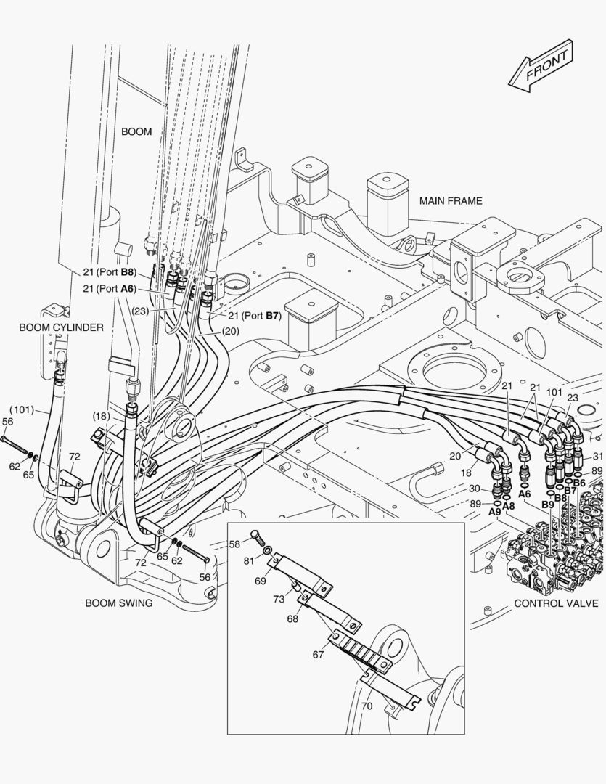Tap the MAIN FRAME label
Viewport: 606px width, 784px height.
point(451,201)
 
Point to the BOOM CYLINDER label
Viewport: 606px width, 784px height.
point(61,327)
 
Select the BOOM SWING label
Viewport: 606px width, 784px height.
point(119,603)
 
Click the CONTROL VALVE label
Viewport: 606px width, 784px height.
point(556,603)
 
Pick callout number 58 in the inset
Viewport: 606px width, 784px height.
point(235,544)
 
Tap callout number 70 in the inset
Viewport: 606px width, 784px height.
point(367,706)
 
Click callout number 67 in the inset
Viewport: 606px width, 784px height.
point(319,655)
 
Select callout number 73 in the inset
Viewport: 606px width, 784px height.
point(279,599)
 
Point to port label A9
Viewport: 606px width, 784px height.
point(494,512)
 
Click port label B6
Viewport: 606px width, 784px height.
point(579,483)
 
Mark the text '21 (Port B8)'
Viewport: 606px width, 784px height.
point(110,272)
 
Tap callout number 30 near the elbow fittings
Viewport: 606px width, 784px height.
point(475,489)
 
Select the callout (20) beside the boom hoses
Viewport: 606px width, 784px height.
point(231,331)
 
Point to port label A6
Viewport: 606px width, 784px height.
point(524,494)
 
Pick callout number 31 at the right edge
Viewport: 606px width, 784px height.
point(599,456)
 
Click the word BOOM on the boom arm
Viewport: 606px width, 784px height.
point(136,131)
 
